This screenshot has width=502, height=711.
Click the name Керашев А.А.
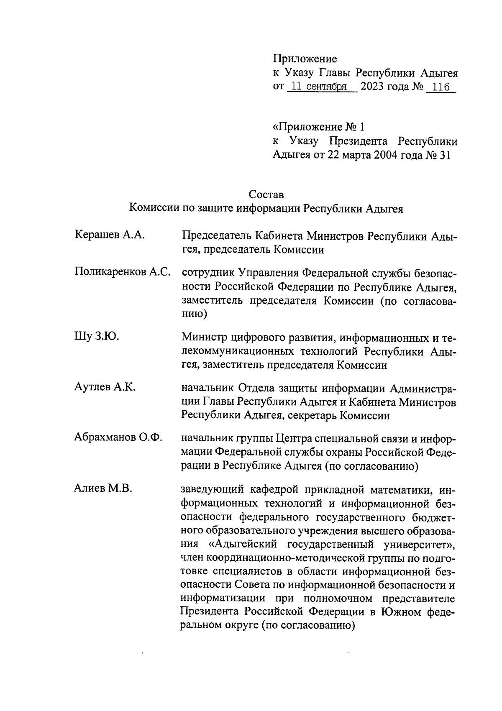click(x=110, y=235)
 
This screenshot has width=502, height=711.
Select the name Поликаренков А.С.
click(x=123, y=272)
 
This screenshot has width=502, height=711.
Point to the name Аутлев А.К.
click(x=104, y=387)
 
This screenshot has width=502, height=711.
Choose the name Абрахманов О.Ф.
click(x=118, y=438)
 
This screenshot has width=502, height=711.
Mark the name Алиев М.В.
click(x=103, y=488)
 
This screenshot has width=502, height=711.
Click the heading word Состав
click(x=266, y=194)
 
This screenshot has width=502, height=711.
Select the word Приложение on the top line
click(x=305, y=59)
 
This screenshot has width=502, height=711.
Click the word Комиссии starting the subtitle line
click(x=153, y=209)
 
